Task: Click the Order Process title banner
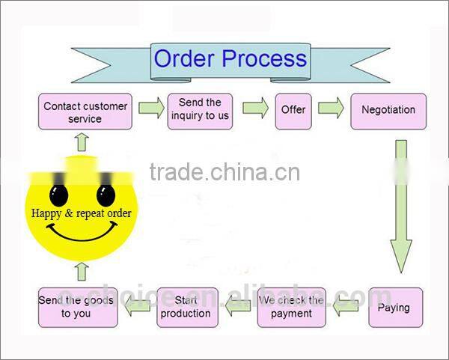(x=229, y=59)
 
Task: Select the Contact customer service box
(x=85, y=112)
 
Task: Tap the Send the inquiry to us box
(x=201, y=109)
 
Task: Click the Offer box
(x=293, y=109)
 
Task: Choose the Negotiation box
(x=388, y=111)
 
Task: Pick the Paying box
(x=395, y=307)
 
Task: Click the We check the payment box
(x=292, y=307)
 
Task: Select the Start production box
(x=187, y=307)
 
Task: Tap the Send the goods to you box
(x=78, y=307)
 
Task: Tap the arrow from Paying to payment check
(x=346, y=305)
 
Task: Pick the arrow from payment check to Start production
(x=238, y=305)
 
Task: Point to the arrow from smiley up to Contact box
(x=82, y=141)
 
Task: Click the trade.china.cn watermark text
(x=224, y=172)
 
